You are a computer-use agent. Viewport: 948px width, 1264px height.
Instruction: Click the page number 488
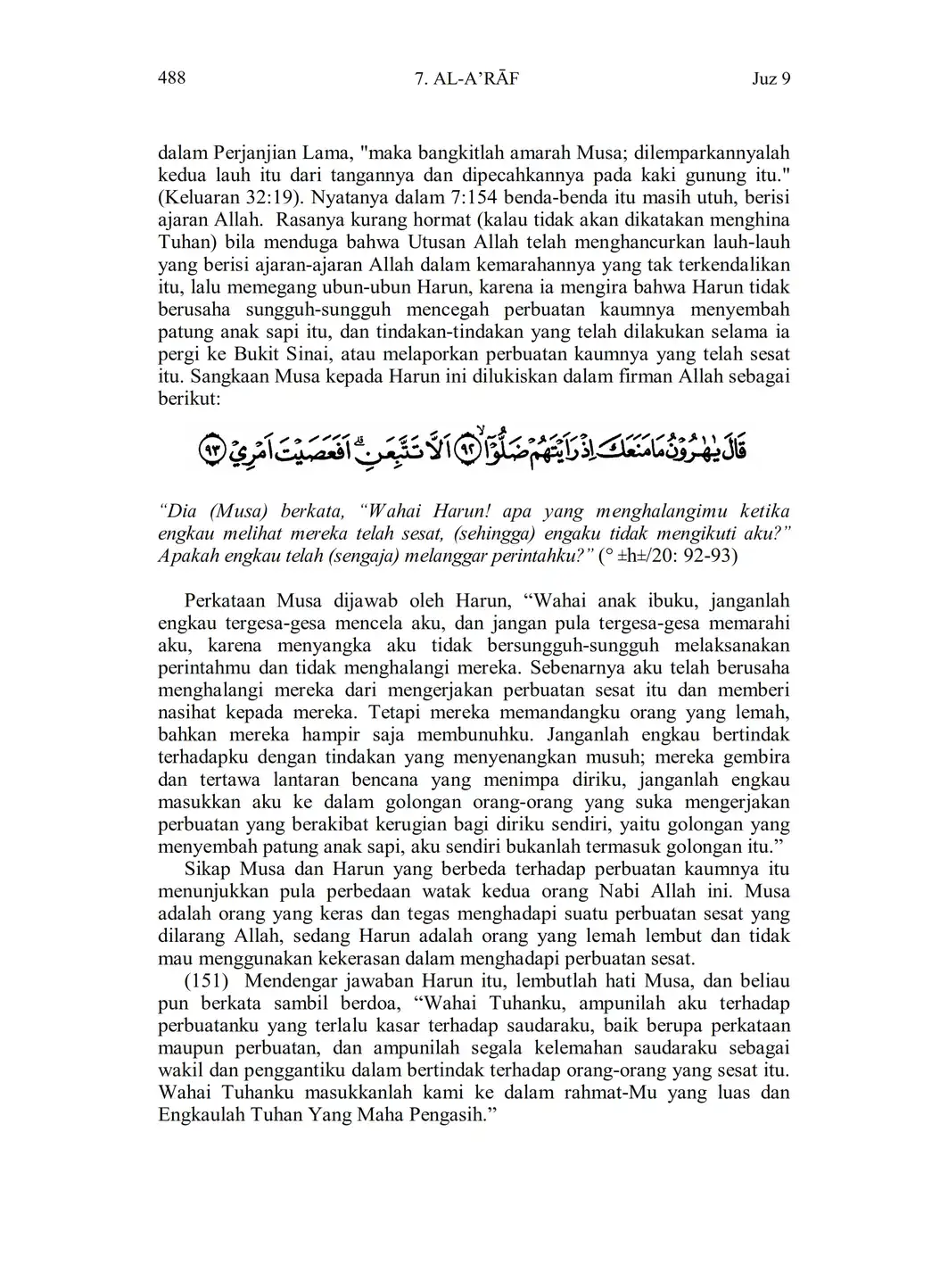[x=171, y=78]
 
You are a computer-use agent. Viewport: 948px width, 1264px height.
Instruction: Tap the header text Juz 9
[x=771, y=79]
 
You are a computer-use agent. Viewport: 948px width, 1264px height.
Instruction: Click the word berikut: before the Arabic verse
[x=188, y=399]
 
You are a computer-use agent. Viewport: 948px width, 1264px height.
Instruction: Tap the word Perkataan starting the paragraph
[x=226, y=601]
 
